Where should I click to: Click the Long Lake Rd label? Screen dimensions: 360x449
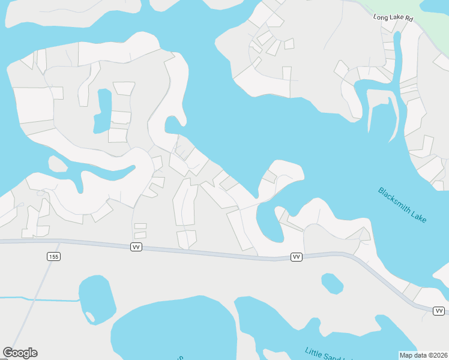(x=393, y=19)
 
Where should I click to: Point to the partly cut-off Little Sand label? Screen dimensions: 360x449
(x=324, y=353)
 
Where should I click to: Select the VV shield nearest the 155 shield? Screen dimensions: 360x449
(x=136, y=247)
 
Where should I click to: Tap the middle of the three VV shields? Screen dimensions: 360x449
(x=296, y=257)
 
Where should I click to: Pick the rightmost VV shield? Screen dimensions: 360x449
(x=439, y=310)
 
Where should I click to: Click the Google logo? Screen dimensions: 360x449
(x=20, y=353)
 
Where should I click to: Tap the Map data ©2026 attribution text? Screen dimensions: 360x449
(x=423, y=355)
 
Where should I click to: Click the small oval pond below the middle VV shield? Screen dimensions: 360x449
(x=332, y=283)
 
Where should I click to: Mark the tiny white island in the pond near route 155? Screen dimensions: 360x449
(x=90, y=316)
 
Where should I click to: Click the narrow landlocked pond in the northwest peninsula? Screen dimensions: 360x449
(x=103, y=111)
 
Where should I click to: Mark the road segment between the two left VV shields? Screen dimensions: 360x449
(x=216, y=251)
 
